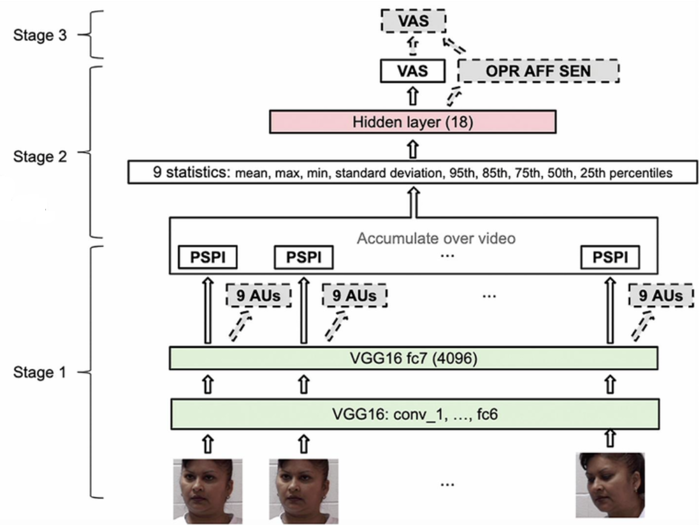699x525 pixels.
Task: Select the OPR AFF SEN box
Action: point(539,71)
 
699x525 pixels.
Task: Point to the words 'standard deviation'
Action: point(372,173)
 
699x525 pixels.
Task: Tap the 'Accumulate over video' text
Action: point(436,238)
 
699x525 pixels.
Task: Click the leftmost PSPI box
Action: point(206,258)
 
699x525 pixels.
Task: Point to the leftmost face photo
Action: point(207,489)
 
